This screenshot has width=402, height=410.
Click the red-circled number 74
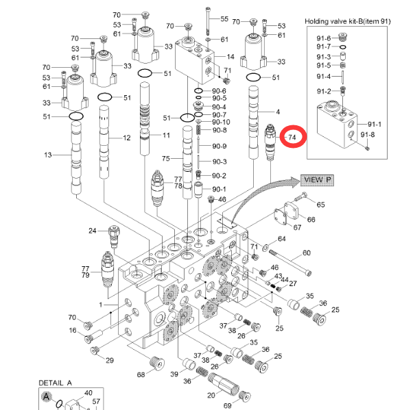pos(293,137)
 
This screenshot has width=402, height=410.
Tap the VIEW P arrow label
pos(318,179)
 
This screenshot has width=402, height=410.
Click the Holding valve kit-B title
pos(350,21)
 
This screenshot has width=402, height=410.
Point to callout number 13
pos(49,155)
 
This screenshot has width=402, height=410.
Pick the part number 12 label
pos(126,138)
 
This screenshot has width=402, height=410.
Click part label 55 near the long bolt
pos(224,19)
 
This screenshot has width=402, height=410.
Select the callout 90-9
pos(220,146)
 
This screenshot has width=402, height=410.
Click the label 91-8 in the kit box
pos(368,135)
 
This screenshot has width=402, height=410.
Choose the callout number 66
pos(311,219)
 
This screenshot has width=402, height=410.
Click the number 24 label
pos(93,231)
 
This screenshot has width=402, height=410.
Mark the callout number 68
pos(141,374)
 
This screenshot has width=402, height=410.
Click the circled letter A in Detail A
pos(47,396)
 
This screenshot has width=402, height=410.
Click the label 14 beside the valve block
pos(230,56)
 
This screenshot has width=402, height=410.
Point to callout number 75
pos(165,159)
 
